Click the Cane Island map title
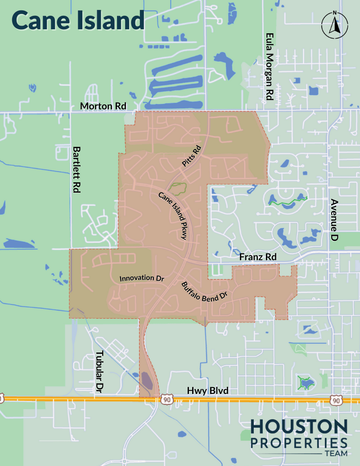tap(78, 21)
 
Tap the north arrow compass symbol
tap(334, 25)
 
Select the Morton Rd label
tap(103, 106)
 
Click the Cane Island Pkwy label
tap(172, 216)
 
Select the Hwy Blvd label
tap(208, 392)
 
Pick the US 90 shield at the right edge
tap(335, 400)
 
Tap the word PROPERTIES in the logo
tap(299, 442)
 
